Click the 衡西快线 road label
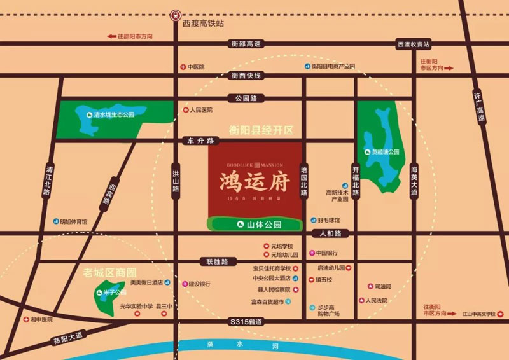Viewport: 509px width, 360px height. (x=246, y=76)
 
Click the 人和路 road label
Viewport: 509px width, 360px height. (x=331, y=233)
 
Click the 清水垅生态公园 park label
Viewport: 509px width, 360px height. (x=114, y=114)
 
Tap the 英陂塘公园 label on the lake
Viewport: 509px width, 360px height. (x=386, y=152)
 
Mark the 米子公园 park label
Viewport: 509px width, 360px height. (x=111, y=293)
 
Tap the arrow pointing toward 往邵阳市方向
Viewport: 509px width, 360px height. (x=113, y=36)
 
